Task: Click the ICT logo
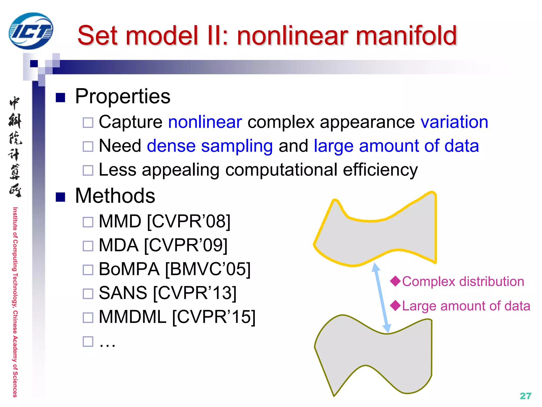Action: (x=31, y=31)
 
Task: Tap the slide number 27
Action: (x=525, y=396)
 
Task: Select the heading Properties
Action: (x=123, y=96)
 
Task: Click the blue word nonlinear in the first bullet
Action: (x=205, y=122)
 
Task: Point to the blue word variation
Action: (x=454, y=122)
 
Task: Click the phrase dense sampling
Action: (x=210, y=146)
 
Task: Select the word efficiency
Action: (x=380, y=170)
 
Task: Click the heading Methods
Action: (x=115, y=196)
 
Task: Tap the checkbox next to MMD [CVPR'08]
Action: (x=88, y=222)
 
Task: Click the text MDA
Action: (x=119, y=245)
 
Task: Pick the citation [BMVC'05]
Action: (x=208, y=269)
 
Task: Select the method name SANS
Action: (x=123, y=293)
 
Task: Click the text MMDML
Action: (x=132, y=317)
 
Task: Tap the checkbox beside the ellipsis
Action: (x=88, y=342)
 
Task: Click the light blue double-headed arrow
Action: (x=381, y=298)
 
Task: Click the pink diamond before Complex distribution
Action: (x=396, y=281)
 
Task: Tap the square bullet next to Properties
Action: (x=60, y=98)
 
